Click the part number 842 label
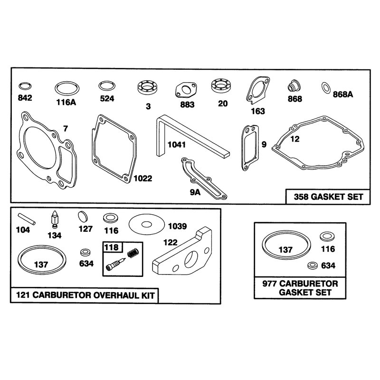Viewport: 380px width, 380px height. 25,98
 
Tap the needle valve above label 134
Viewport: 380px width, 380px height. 55,219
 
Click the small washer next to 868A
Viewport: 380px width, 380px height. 326,87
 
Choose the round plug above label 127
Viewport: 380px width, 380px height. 83,217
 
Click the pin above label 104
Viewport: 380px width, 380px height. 27,219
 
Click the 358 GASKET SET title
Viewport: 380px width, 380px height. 328,197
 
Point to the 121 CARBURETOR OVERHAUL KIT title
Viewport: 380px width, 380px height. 85,295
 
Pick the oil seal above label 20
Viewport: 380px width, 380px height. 221,85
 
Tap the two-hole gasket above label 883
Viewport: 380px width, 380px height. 186,90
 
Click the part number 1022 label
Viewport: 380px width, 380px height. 143,179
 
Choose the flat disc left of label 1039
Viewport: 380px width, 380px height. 147,224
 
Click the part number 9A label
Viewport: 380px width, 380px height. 195,192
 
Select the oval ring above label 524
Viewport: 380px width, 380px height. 107,86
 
